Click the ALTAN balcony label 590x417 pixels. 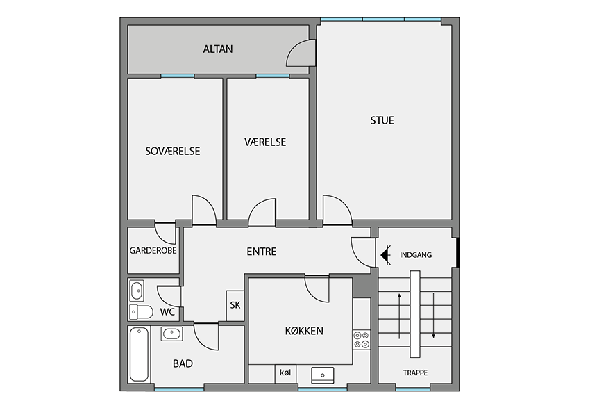tap(218, 49)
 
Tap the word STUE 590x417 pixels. tap(382, 120)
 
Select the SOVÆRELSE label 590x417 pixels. tap(173, 151)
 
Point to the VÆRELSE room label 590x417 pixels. tap(265, 142)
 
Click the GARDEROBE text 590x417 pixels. tap(153, 250)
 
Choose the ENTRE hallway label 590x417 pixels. tap(262, 252)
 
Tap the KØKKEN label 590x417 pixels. tap(304, 331)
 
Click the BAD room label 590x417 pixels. tap(183, 363)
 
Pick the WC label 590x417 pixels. tap(167, 312)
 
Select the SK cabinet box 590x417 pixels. tap(235, 306)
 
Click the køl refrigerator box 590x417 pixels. tap(285, 374)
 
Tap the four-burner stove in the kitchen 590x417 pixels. tap(361, 340)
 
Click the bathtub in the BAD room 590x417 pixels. tap(139, 354)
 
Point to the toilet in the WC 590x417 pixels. tap(141, 312)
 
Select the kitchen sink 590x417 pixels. tap(323, 375)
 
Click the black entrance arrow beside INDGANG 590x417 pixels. tap(386, 255)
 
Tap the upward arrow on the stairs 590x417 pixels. tap(399, 316)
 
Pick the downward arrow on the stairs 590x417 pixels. tap(433, 316)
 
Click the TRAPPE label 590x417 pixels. tap(415, 373)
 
